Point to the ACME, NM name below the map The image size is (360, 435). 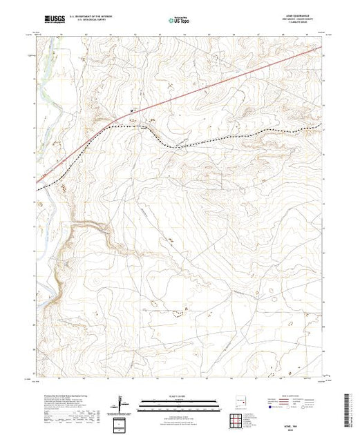tap(237, 419)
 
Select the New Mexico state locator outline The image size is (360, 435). tap(239, 398)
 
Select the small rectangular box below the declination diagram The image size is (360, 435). tap(122, 423)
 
